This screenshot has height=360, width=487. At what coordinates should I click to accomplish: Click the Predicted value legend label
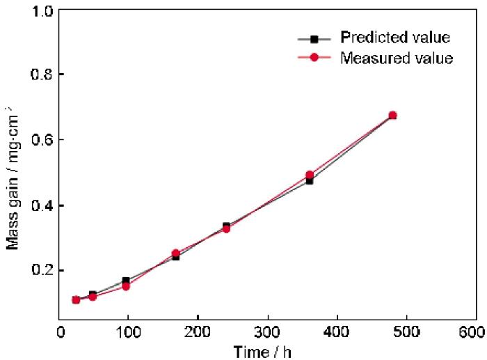395,36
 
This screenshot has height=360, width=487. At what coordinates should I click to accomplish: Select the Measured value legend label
397,58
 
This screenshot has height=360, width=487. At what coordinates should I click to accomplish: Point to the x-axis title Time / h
264,352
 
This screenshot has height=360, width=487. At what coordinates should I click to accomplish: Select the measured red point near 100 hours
126,285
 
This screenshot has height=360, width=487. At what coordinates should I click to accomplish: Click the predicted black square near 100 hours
126,281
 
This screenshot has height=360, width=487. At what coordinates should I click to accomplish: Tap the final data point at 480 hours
392,115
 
